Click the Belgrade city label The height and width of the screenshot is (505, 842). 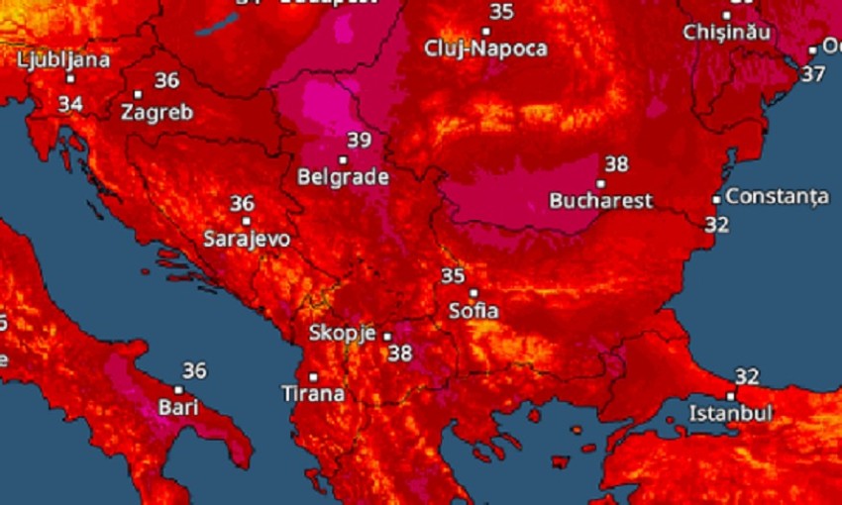click(x=343, y=178)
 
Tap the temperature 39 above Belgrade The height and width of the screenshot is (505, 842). click(x=359, y=141)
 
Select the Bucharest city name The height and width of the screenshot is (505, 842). click(x=601, y=201)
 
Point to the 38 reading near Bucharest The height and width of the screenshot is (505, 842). click(x=616, y=164)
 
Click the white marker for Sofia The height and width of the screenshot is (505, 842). click(x=474, y=293)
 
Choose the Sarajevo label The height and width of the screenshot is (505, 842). click(x=247, y=239)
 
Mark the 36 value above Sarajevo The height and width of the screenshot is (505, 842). click(x=242, y=204)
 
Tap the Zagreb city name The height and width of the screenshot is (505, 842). click(x=157, y=113)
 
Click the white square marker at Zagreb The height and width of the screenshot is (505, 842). click(x=138, y=95)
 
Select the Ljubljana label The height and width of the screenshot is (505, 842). click(x=63, y=59)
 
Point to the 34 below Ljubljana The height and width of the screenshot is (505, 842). click(x=70, y=103)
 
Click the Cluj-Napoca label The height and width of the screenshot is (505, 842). click(x=485, y=48)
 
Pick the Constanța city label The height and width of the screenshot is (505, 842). click(x=777, y=197)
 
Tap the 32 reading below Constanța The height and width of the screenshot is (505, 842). click(x=717, y=225)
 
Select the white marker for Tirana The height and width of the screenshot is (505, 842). click(x=313, y=376)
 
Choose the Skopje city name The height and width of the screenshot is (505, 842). click(x=342, y=333)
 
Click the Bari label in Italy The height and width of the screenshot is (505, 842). click(x=179, y=407)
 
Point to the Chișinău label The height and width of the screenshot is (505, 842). click(x=726, y=32)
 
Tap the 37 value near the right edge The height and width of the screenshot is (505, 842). click(x=813, y=73)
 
